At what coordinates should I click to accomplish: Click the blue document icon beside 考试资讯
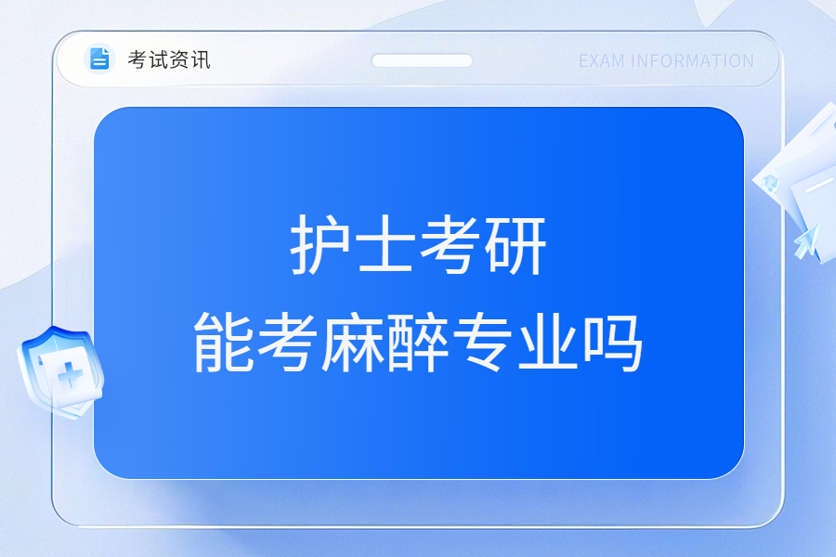(x=99, y=58)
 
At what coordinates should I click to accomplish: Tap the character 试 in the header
(x=158, y=59)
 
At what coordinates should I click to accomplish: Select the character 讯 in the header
(x=201, y=59)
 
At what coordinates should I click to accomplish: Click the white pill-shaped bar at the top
(x=422, y=60)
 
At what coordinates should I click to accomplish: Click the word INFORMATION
(x=692, y=61)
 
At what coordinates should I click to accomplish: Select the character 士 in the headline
(x=386, y=245)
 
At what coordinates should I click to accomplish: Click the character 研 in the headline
(x=516, y=245)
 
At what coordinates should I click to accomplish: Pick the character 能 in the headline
(x=224, y=342)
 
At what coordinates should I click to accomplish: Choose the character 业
(x=548, y=342)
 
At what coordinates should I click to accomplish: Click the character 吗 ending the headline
(x=613, y=342)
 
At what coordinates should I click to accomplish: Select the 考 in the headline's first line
(x=451, y=245)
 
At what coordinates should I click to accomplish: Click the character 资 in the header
(x=179, y=59)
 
